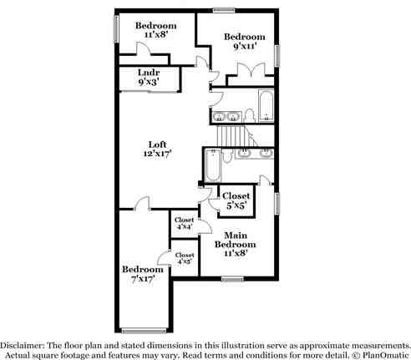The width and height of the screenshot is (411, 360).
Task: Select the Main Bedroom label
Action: [233, 243]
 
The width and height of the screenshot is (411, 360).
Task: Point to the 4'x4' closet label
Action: [184, 223]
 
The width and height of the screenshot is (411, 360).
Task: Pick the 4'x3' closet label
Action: [184, 258]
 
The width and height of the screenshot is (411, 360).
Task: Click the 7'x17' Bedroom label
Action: [142, 274]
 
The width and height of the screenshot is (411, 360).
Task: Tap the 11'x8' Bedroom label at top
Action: [155, 30]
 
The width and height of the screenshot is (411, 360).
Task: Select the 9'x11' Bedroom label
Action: [244, 42]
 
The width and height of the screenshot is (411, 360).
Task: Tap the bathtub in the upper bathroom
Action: [266, 105]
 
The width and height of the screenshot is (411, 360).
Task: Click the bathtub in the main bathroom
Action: [211, 165]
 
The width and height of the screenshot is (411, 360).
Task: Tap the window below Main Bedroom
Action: [232, 279]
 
